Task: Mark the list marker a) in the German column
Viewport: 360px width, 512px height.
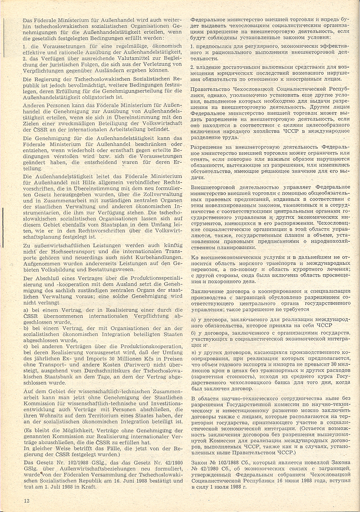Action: coord(27,309)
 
